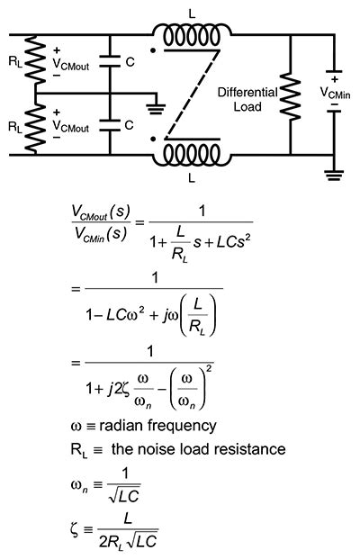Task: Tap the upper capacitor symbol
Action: (109, 64)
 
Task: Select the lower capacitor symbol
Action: (109, 127)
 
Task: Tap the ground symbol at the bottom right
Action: (334, 177)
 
